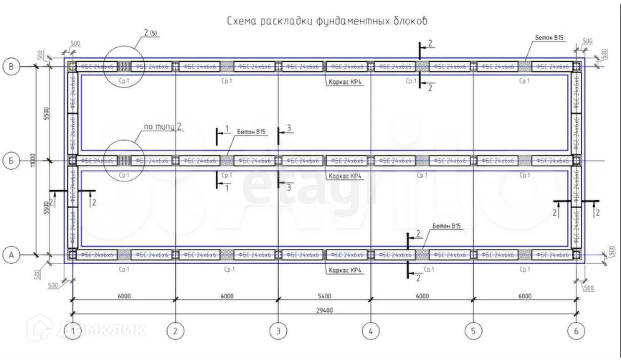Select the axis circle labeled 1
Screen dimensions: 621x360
74,331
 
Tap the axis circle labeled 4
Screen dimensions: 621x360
370,331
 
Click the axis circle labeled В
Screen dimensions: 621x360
11,67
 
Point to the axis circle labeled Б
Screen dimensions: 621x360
11,159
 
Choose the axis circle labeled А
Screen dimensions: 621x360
11,254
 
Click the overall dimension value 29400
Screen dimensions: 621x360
324,310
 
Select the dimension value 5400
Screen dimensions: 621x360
324,295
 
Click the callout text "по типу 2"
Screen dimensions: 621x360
163,127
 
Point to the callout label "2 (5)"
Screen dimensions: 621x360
151,33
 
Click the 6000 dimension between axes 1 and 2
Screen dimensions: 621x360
124,295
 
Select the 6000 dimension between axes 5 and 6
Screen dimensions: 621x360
524,295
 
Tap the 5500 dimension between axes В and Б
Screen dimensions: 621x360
46,113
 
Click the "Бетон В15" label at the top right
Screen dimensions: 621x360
549,37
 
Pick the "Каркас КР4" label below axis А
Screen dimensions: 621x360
345,270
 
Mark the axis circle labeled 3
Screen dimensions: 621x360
278,331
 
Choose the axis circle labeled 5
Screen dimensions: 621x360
473,331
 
